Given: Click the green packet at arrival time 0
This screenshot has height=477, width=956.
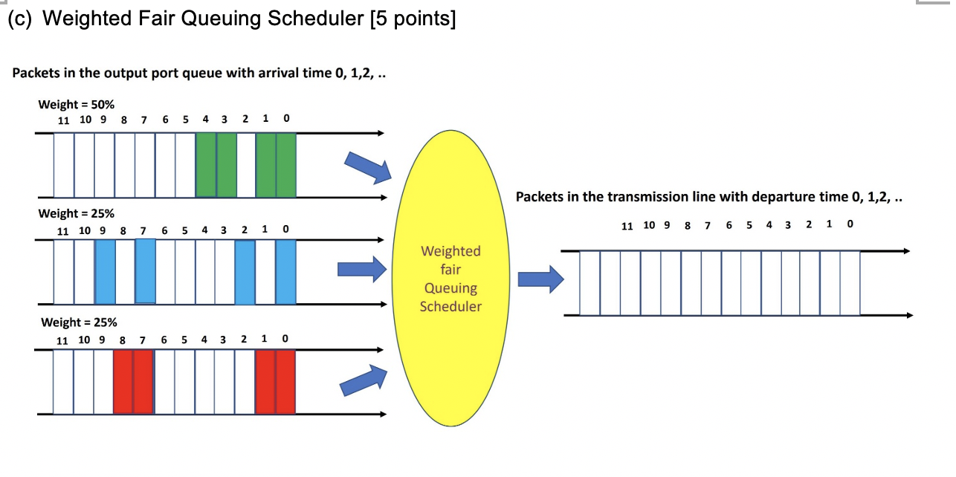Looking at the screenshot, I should click(286, 164).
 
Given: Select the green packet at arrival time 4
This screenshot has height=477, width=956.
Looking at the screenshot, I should click(206, 164).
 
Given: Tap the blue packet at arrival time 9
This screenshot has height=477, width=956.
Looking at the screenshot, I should click(106, 271).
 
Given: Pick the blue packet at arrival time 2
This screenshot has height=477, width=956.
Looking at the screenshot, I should click(245, 271).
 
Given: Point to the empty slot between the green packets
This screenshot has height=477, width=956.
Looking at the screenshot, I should click(246, 164).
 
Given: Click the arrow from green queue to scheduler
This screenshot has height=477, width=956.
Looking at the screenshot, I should click(369, 166).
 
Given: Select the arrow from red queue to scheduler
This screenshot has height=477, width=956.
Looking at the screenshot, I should click(364, 382).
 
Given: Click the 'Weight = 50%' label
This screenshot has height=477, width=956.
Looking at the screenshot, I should click(76, 104).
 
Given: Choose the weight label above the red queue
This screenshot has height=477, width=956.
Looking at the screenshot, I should click(79, 322).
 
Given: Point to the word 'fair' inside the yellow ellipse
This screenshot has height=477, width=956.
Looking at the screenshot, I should click(450, 270).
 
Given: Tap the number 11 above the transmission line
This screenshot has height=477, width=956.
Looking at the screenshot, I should click(627, 225).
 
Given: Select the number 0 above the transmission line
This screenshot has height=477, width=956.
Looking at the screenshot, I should click(850, 224).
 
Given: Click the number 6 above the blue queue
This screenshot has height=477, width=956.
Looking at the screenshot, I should click(165, 230).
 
